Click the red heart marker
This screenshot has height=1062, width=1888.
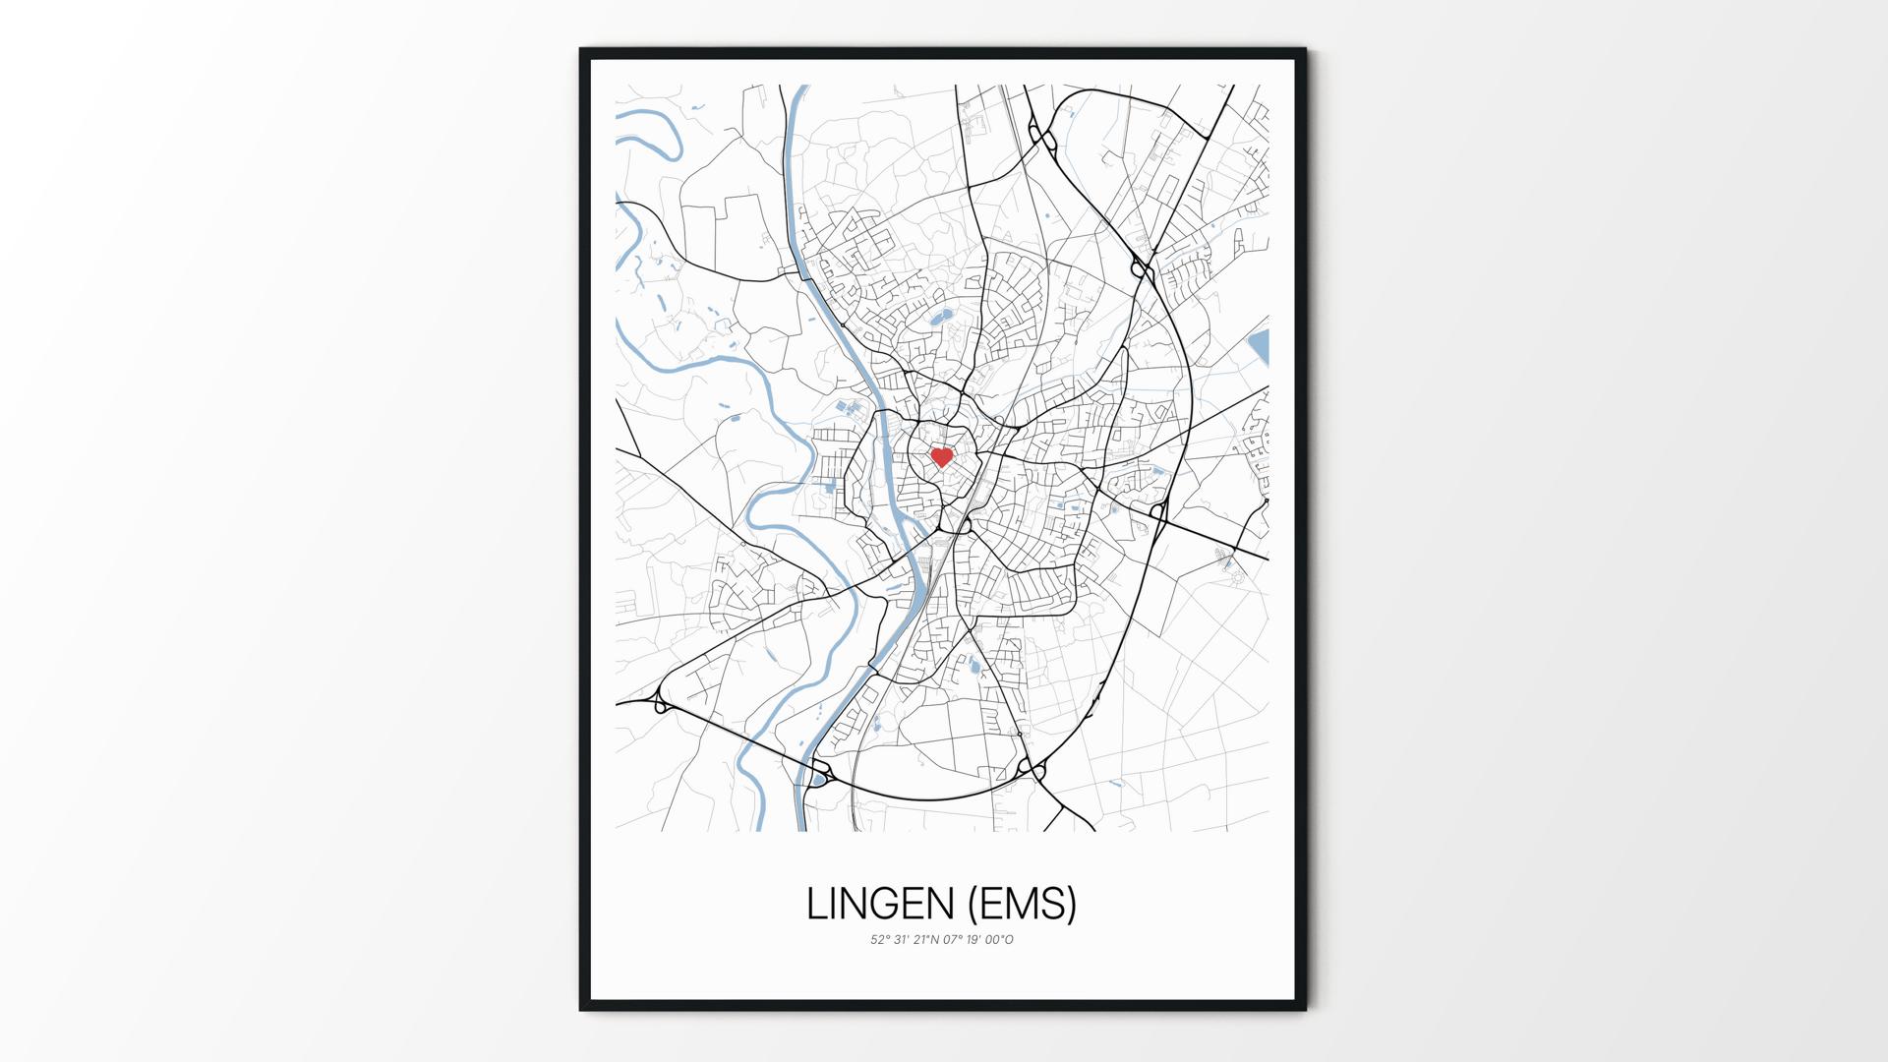click(941, 457)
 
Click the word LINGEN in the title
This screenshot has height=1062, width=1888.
click(879, 905)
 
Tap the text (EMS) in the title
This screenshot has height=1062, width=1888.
click(1023, 905)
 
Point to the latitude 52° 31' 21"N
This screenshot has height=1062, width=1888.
click(905, 940)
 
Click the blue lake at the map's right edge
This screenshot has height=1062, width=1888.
click(1259, 347)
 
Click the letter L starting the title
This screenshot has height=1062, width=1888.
click(815, 905)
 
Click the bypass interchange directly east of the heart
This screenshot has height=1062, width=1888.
click(1157, 510)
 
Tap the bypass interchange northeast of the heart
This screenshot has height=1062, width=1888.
click(1141, 267)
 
